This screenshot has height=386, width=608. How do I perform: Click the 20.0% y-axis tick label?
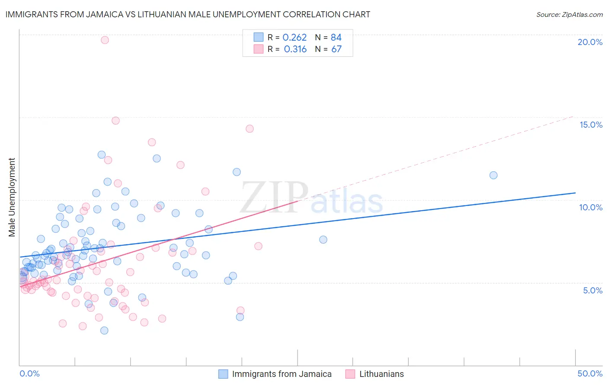(590, 42)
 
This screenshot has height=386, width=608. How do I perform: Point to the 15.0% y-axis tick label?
(591, 125)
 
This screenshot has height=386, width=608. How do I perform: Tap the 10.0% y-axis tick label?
(591, 207)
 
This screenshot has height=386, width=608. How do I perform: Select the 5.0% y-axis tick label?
(592, 290)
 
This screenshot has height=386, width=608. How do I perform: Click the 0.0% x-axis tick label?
(29, 373)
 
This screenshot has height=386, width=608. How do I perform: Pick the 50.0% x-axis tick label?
(590, 373)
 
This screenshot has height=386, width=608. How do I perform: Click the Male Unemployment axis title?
(12, 197)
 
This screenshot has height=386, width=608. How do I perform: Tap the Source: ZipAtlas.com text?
(569, 15)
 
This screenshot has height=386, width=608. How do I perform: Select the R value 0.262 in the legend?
(294, 38)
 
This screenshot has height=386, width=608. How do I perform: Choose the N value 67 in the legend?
(336, 49)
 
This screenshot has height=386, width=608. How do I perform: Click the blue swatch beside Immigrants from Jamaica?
(223, 374)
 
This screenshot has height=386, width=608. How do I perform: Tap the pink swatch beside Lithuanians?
(350, 374)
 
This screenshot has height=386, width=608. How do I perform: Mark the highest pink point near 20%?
(105, 40)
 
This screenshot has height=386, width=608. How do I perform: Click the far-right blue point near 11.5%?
(493, 175)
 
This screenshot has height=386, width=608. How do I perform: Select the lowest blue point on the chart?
(104, 331)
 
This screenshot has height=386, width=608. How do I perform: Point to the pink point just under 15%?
(115, 121)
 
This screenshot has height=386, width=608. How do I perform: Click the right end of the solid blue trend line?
(575, 193)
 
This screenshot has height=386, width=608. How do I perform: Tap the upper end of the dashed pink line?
(573, 116)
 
